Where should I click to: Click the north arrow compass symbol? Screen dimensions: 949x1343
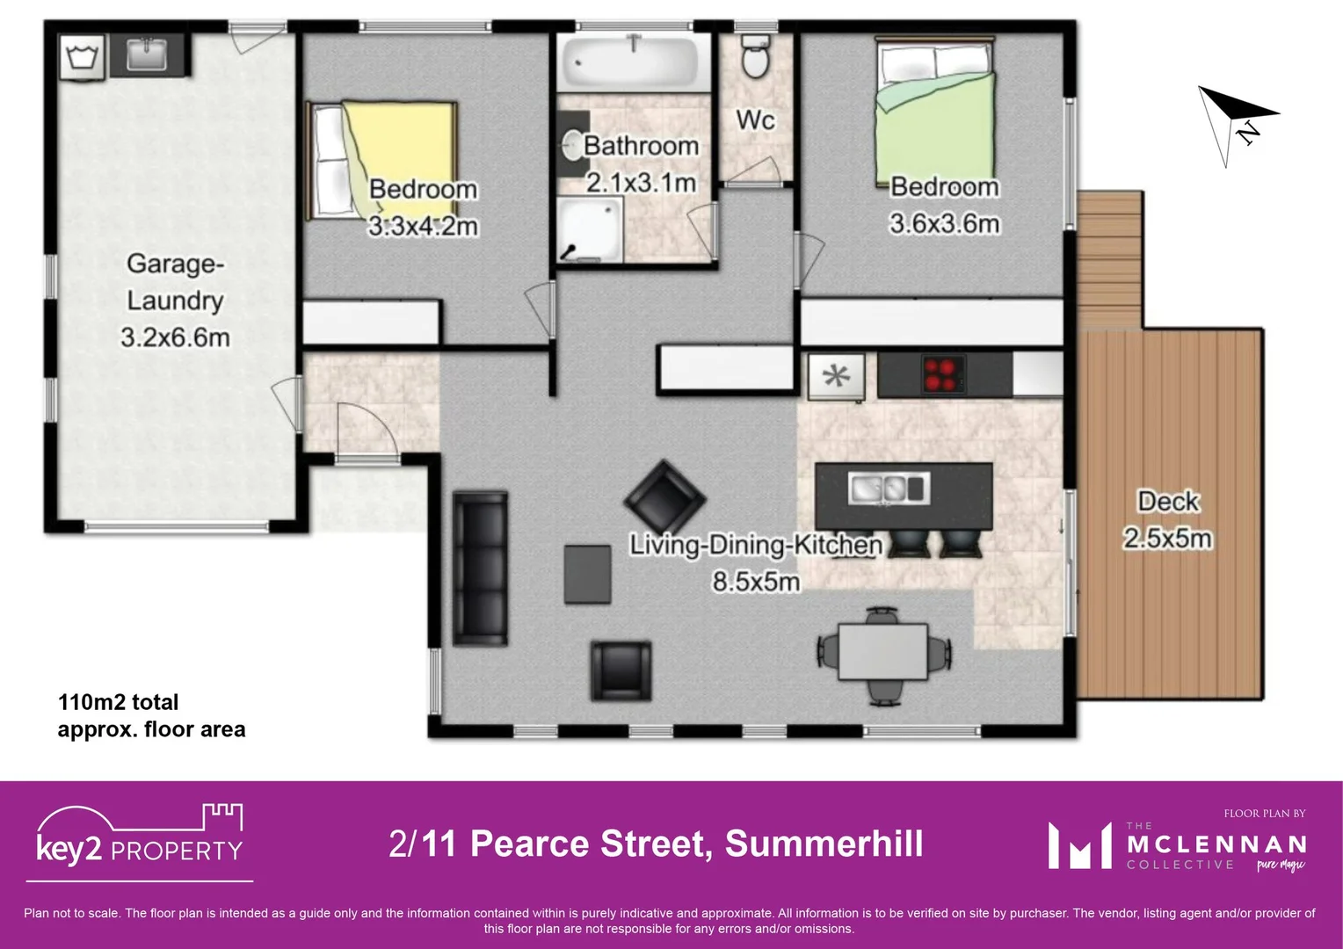click(x=1234, y=123)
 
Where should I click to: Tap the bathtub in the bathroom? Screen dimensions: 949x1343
click(x=632, y=62)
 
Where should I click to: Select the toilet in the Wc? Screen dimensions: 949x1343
click(x=755, y=58)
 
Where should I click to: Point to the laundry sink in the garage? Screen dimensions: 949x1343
click(x=146, y=54)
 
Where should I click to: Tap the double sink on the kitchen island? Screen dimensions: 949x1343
click(x=889, y=488)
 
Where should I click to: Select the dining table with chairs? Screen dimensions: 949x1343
click(x=882, y=651)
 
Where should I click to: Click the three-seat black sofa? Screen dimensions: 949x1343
click(x=480, y=569)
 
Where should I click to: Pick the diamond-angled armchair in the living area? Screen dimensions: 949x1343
click(x=664, y=499)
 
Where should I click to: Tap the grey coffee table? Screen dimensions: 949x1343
click(x=587, y=574)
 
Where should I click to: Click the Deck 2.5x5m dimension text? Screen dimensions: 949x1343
click(x=1167, y=538)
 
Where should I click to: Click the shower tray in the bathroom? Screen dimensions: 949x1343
click(x=590, y=228)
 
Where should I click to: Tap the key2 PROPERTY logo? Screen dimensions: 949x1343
click(x=140, y=840)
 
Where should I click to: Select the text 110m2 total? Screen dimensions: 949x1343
click(x=118, y=702)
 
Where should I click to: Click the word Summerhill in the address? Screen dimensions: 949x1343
click(x=824, y=844)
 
